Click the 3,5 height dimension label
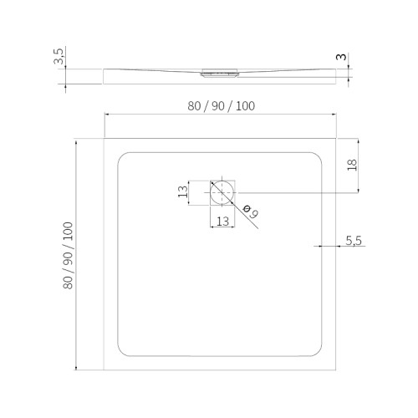pyautogui.click(x=59, y=56)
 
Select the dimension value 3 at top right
pyautogui.click(x=341, y=57)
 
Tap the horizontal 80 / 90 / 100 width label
pyautogui.click(x=221, y=106)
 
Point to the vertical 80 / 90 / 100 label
pyautogui.click(x=68, y=256)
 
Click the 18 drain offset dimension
pyautogui.click(x=352, y=165)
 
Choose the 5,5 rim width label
pyautogui.click(x=354, y=241)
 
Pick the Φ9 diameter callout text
pyautogui.click(x=250, y=212)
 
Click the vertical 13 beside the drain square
pyautogui.click(x=183, y=191)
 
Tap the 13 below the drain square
pyautogui.click(x=222, y=222)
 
